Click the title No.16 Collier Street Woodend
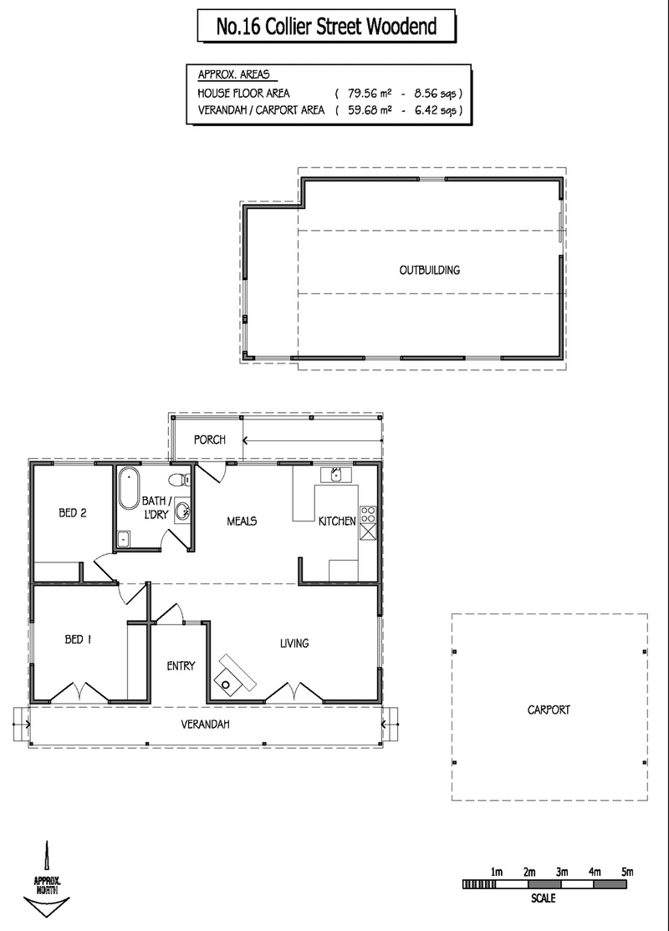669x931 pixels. (326, 27)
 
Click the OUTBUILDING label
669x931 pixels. (429, 270)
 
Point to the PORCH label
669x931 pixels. (209, 440)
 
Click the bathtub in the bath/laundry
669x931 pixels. (128, 490)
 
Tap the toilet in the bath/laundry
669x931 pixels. (176, 481)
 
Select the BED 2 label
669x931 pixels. (72, 513)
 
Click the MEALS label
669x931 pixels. (242, 521)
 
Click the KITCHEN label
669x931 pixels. (337, 521)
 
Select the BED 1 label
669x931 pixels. (78, 640)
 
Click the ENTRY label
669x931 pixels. (181, 666)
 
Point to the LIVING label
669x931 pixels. (294, 644)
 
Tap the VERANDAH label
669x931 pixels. (205, 725)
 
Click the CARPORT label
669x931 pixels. (548, 710)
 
